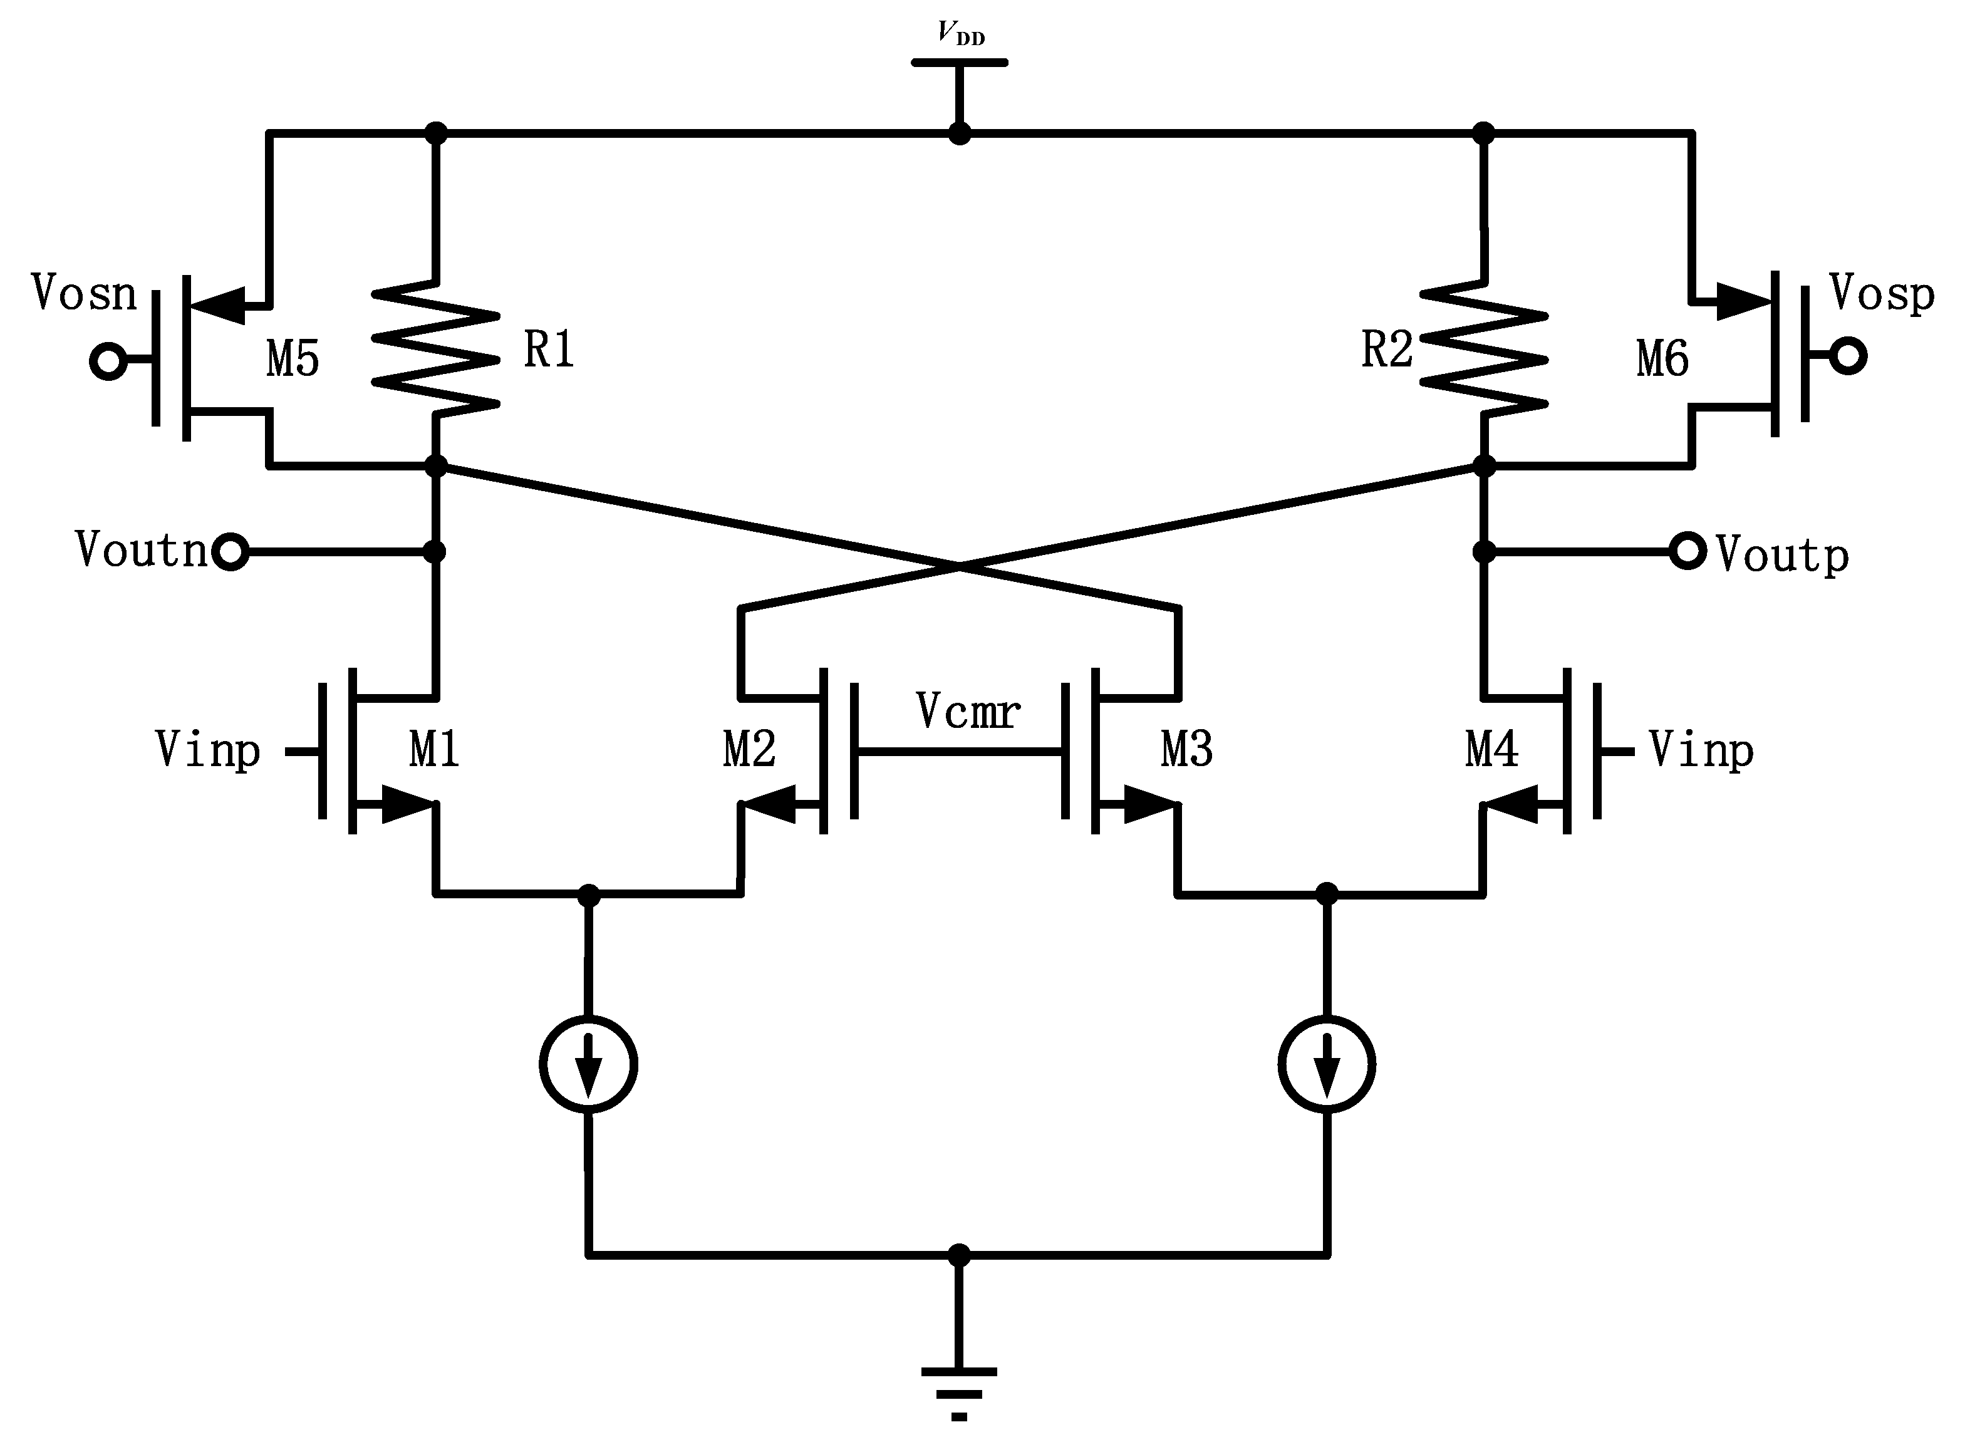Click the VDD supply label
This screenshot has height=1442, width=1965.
[960, 33]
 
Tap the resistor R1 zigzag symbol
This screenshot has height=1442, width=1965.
[435, 348]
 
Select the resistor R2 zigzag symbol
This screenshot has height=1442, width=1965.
[1483, 348]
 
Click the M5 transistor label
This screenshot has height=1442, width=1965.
[293, 359]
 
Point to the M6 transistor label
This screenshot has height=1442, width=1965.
[1662, 359]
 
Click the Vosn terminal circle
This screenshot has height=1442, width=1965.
[108, 361]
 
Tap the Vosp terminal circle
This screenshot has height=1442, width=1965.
[1848, 356]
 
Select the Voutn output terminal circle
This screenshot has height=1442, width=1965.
[231, 552]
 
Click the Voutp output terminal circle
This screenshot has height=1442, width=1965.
[1688, 552]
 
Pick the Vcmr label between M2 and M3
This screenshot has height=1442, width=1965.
[967, 712]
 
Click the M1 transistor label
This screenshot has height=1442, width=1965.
[434, 749]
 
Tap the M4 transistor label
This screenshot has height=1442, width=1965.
[1491, 749]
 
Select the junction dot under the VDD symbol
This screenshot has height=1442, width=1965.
[960, 133]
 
